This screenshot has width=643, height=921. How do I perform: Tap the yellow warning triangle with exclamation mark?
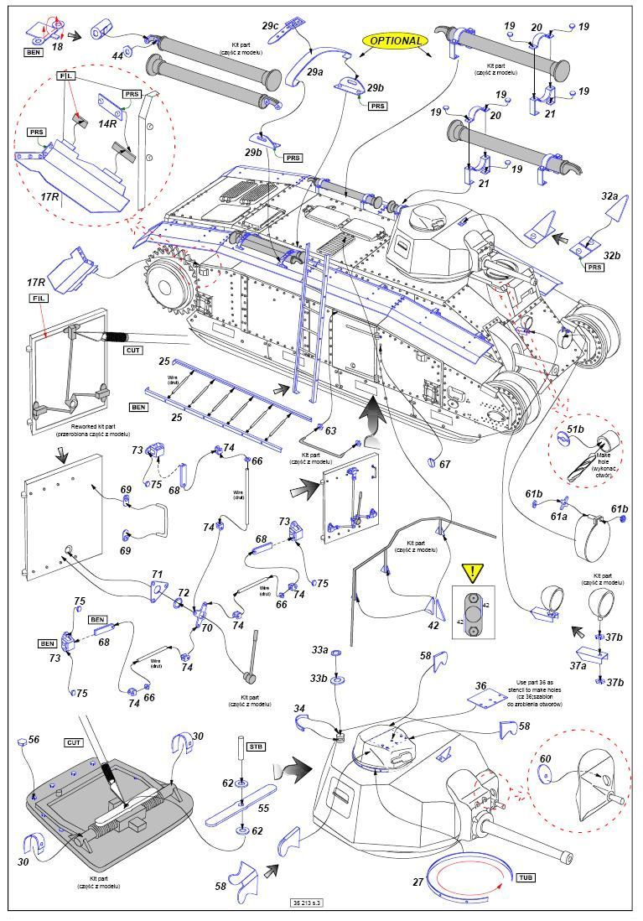pos(474,573)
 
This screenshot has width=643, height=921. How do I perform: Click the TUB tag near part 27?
pos(526,877)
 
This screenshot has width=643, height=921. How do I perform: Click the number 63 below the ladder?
pos(330,431)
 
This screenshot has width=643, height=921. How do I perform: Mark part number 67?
pos(444,465)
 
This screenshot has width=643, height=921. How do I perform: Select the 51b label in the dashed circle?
pos(575,429)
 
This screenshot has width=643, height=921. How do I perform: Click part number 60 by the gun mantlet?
pos(547,759)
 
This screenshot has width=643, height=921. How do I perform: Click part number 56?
pos(34,741)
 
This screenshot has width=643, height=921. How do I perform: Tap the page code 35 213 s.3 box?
pos(309,903)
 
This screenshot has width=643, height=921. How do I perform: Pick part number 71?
pos(156,575)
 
